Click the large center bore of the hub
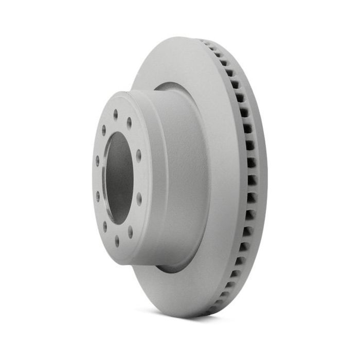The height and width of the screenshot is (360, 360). [x=119, y=177]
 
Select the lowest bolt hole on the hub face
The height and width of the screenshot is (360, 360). [x=117, y=240]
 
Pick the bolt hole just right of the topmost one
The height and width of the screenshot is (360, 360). [x=129, y=122]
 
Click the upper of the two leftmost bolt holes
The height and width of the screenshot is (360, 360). [x=97, y=160]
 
